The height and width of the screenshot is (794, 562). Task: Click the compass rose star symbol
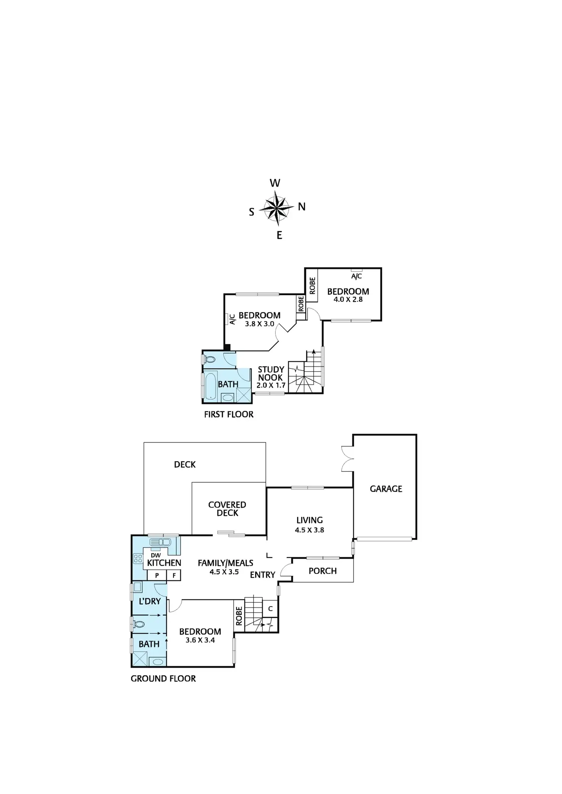276,209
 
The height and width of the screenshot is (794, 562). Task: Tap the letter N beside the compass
302,207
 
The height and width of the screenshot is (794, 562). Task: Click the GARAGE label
386,489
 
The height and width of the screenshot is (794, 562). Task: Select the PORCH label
323,571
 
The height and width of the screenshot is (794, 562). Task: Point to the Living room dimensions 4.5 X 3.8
309,530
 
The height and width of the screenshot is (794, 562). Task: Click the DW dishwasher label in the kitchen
156,555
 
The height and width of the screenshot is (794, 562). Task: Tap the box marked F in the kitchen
174,575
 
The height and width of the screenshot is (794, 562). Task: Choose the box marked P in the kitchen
157,575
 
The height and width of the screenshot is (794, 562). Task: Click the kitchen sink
160,542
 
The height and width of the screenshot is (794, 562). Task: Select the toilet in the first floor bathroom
210,359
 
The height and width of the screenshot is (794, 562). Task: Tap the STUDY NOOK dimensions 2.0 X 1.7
271,385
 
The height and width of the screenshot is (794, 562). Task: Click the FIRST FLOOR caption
229,414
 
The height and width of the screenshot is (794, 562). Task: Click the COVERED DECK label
227,509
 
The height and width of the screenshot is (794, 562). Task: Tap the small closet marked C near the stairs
270,609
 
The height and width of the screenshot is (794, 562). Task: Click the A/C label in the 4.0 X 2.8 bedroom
357,276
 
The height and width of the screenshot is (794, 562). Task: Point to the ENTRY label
263,575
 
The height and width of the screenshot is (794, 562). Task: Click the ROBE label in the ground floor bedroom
239,616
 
